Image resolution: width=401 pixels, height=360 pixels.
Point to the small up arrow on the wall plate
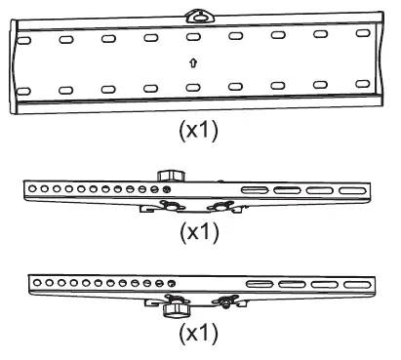tap(193, 62)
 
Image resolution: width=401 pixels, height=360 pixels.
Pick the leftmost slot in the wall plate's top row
tap(23, 41)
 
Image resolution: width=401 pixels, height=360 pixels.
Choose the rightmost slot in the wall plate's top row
tap(363, 34)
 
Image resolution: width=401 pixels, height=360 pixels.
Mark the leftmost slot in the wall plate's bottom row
tap(23, 92)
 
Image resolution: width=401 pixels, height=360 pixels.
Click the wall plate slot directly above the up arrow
tap(192, 37)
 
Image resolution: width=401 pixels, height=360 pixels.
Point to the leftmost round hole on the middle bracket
tap(32, 187)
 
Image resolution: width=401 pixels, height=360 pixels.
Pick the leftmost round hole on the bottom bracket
tap(36, 281)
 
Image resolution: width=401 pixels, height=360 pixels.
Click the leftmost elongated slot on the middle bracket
tap(254, 189)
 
